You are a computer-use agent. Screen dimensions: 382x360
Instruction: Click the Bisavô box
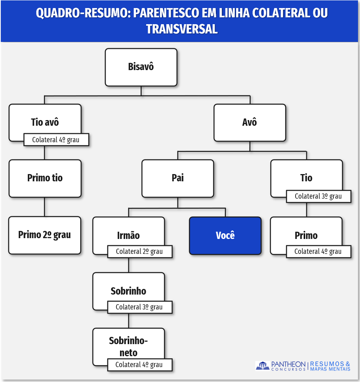pos(141,67)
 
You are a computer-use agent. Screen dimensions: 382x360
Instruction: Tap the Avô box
pos(250,122)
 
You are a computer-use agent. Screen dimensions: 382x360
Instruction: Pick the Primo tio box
pos(45,178)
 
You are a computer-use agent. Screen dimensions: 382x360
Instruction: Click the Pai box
pos(178,178)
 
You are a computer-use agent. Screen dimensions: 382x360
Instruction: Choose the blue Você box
pos(225,236)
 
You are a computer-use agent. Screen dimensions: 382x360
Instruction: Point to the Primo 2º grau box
pos(45,235)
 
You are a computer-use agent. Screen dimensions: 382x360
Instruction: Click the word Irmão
pos(128,236)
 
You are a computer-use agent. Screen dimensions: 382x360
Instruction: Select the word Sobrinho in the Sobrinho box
pos(128,291)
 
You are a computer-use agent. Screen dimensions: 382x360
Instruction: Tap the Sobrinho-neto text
pos(128,347)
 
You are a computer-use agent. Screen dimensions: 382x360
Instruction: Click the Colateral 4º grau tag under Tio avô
pos(56,140)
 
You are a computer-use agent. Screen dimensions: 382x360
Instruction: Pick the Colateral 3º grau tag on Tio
pos(318,196)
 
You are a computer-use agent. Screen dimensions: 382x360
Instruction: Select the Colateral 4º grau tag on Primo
pos(318,251)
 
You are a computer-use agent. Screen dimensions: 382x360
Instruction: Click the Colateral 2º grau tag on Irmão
pos(139,251)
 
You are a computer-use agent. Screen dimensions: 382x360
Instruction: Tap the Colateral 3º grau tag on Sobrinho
pos(139,307)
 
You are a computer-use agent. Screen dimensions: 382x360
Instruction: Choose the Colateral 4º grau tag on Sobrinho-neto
pos(139,365)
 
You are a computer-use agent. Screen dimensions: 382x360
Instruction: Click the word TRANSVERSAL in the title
pos(182,29)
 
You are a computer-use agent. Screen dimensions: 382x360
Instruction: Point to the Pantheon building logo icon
pos(263,366)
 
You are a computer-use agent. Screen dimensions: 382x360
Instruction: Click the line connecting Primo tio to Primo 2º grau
pos(44,207)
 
